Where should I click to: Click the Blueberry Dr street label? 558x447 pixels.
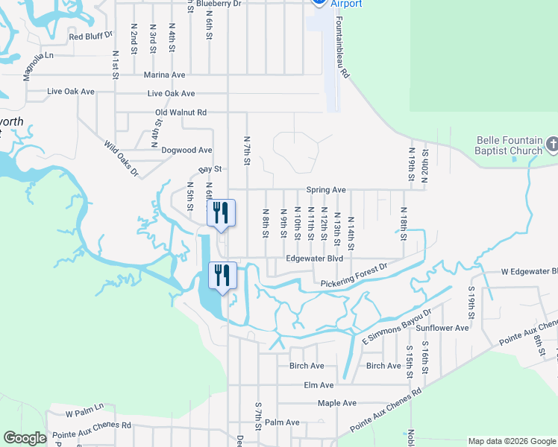(222, 4)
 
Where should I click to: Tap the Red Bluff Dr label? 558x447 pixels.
(90, 36)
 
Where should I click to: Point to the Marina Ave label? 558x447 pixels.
(165, 75)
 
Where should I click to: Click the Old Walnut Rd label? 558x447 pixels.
(181, 112)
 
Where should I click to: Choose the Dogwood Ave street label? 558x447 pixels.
(186, 150)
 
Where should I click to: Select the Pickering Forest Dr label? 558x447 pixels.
(354, 276)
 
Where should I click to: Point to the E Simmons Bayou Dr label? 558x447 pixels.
(398, 328)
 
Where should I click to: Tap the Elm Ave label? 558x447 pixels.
(319, 385)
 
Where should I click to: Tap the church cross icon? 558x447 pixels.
(552, 143)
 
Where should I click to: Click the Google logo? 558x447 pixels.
(25, 438)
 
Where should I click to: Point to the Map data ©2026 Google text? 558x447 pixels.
(512, 441)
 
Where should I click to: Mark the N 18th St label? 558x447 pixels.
(404, 223)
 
